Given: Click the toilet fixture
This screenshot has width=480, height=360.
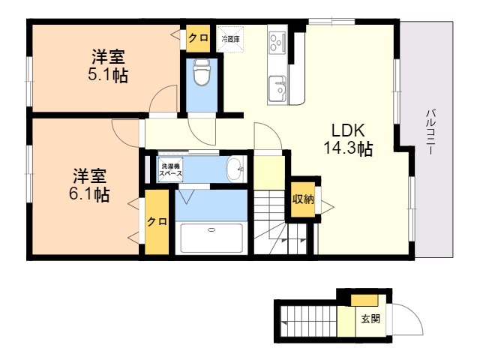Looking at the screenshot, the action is (x=202, y=72).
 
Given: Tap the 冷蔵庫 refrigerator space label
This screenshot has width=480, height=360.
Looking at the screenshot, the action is (x=230, y=39).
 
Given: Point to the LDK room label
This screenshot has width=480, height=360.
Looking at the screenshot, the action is (x=348, y=130).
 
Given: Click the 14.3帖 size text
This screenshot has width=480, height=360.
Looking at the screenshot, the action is (x=348, y=148).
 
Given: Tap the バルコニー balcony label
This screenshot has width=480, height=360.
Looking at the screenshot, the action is (x=430, y=132).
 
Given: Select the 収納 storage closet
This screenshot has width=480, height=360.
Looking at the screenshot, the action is (x=303, y=199).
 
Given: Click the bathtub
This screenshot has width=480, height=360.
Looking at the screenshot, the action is (x=211, y=238).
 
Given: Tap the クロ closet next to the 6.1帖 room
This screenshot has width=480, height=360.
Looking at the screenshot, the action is (x=157, y=222).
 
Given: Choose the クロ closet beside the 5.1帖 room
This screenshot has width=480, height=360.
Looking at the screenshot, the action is (x=198, y=38).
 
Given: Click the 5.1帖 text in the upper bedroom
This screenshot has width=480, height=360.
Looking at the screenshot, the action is (x=108, y=75).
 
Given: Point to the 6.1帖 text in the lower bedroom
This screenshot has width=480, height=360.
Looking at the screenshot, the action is (x=89, y=194).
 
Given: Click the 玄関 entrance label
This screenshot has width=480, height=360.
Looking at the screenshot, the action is (x=370, y=319).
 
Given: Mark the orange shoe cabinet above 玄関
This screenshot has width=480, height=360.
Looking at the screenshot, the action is (x=364, y=300).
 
